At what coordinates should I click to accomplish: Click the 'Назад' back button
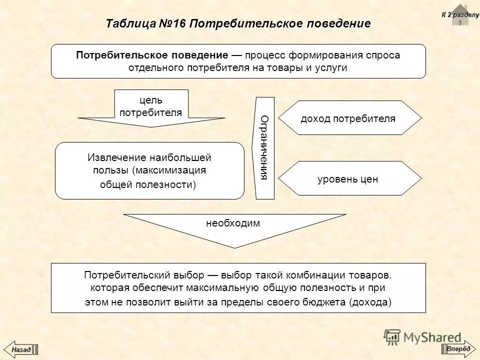click(21, 349)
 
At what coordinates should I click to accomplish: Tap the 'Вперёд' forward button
click(458, 348)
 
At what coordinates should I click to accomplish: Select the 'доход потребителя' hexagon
click(348, 118)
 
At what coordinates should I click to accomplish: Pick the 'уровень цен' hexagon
click(348, 178)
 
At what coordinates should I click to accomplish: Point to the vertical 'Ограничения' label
click(265, 147)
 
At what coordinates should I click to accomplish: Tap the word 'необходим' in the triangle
click(233, 223)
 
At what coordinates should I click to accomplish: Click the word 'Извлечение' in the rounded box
click(113, 158)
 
